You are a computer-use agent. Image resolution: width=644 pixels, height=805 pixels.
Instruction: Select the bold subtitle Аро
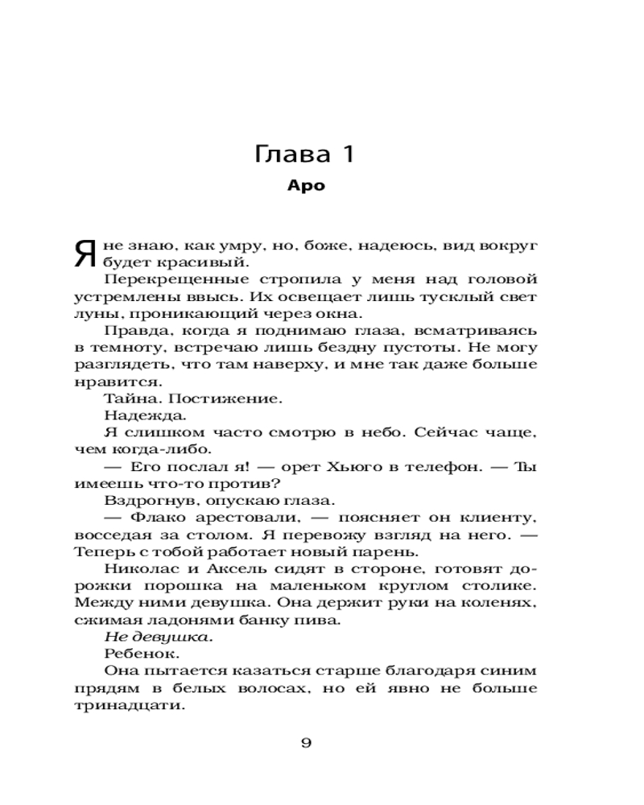coord(306,185)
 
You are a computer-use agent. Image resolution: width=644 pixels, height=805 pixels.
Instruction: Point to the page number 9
coord(306,742)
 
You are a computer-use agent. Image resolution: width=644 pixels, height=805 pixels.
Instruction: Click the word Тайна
coord(131,398)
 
